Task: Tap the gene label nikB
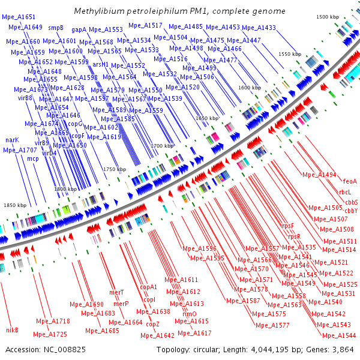tap(13, 330)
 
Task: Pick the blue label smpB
tap(56, 28)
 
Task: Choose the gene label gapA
tap(79, 29)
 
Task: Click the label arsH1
tap(101, 64)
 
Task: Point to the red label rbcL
tap(344, 193)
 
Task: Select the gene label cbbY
tap(351, 211)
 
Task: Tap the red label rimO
tap(189, 313)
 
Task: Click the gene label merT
tap(116, 293)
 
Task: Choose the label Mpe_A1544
tap(343, 335)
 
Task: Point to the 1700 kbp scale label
tap(161, 146)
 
